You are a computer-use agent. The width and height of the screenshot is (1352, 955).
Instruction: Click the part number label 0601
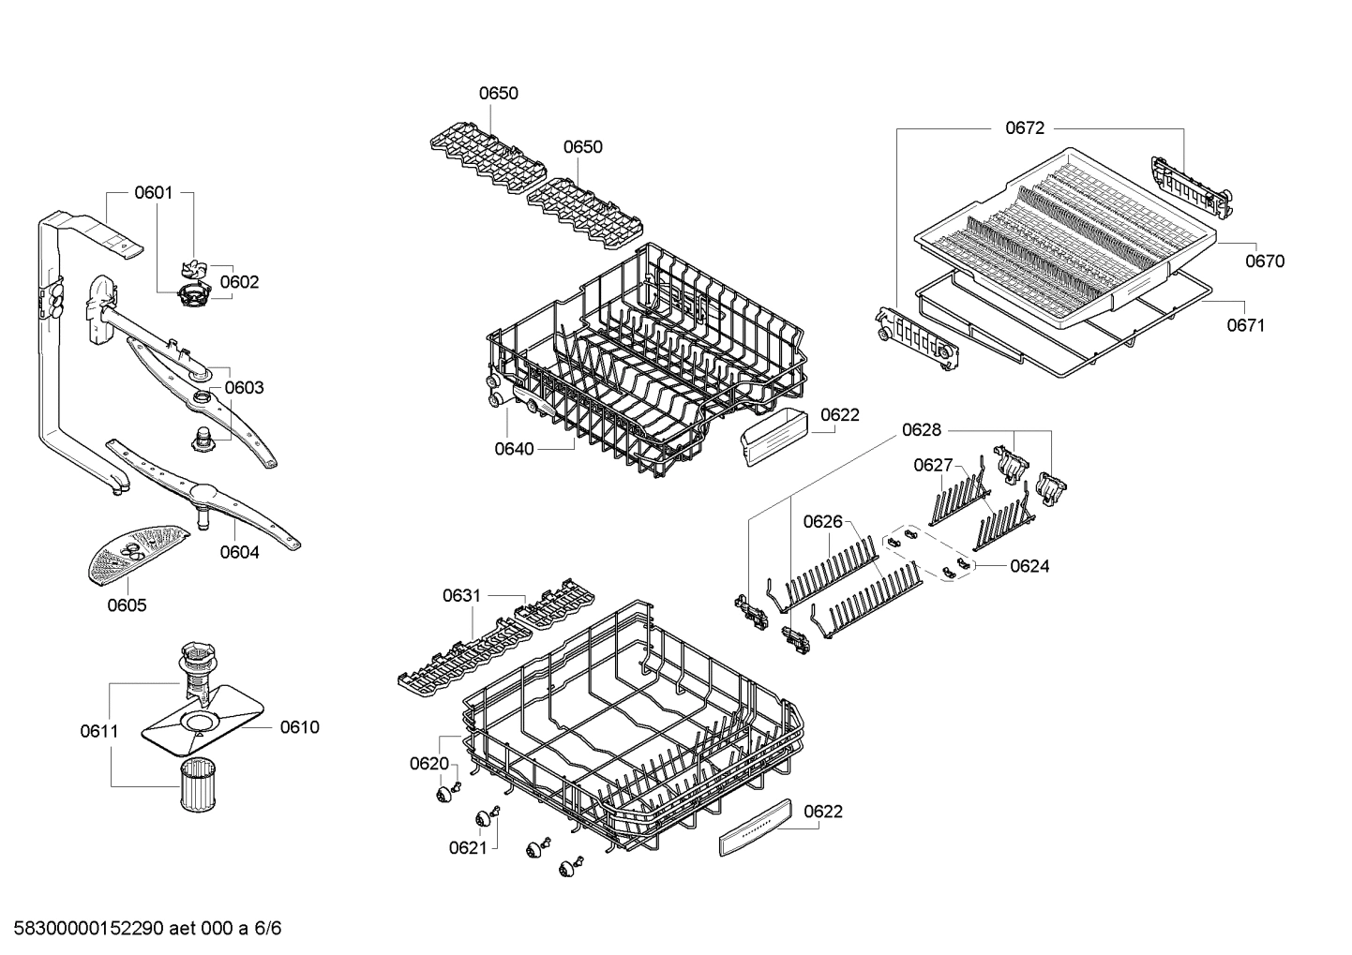pyautogui.click(x=153, y=193)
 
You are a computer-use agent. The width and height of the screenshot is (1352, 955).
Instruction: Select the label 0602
pyautogui.click(x=239, y=282)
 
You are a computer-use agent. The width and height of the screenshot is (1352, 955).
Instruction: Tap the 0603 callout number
pyautogui.click(x=244, y=387)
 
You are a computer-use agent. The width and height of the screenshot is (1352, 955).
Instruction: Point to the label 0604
pyautogui.click(x=239, y=552)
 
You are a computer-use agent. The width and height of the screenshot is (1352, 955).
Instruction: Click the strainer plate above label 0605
pyautogui.click(x=134, y=553)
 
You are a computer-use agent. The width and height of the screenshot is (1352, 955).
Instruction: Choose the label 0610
pyautogui.click(x=299, y=727)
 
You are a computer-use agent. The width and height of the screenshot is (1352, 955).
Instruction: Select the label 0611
pyautogui.click(x=98, y=731)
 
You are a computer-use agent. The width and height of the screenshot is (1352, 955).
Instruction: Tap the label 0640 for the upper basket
pyautogui.click(x=514, y=449)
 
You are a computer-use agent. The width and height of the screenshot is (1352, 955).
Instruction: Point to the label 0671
pyautogui.click(x=1245, y=325)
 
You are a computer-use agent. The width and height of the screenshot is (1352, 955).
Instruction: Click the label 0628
pyautogui.click(x=921, y=430)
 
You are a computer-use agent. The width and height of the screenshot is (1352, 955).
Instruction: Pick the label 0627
pyautogui.click(x=933, y=465)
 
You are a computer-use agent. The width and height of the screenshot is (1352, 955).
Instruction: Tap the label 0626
pyautogui.click(x=822, y=522)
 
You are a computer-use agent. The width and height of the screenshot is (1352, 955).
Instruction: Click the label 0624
pyautogui.click(x=1029, y=566)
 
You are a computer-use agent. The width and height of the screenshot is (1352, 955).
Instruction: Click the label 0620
pyautogui.click(x=429, y=764)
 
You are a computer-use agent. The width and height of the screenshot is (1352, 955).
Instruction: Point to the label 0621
pyautogui.click(x=468, y=848)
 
